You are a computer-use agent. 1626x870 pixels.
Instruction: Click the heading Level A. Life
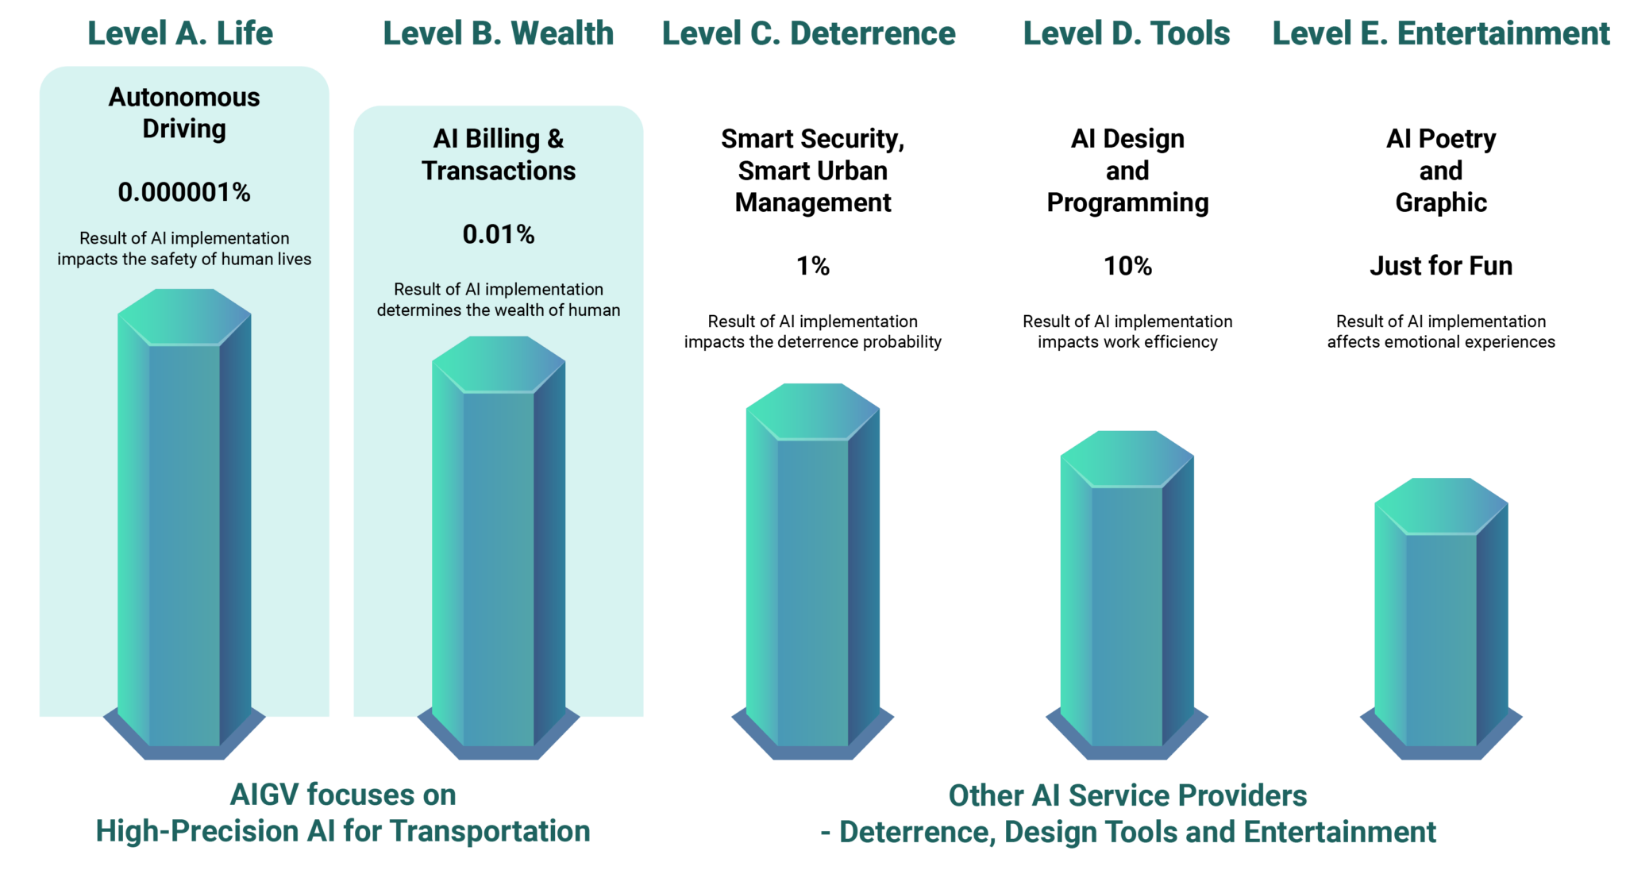(180, 33)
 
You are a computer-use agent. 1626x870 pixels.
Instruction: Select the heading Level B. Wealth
(499, 33)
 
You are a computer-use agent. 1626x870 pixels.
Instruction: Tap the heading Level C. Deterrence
(809, 33)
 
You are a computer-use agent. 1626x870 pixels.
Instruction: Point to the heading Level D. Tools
(1127, 33)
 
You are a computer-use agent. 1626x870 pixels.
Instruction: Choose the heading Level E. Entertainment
(1441, 33)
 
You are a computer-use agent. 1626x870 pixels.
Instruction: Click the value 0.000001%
(184, 192)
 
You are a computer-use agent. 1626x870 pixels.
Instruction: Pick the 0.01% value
(499, 234)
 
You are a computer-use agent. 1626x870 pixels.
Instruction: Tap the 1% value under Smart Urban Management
(813, 266)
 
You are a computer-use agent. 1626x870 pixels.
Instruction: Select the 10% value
(1127, 266)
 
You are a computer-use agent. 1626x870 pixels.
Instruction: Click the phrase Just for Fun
(1441, 266)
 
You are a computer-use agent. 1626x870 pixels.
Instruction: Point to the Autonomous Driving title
(184, 113)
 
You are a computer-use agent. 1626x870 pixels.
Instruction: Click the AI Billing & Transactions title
(499, 155)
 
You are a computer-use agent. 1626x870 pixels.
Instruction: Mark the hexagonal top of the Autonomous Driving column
(184, 317)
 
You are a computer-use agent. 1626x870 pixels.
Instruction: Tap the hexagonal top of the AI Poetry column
(1441, 506)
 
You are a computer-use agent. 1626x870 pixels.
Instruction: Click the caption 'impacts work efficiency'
(1127, 342)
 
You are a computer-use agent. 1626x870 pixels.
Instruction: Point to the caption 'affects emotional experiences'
(1441, 342)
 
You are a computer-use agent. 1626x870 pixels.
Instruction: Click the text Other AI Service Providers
(1127, 795)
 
